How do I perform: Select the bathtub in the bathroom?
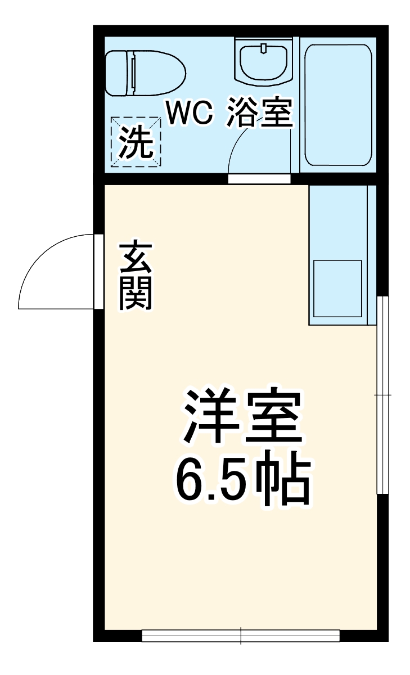click(337, 105)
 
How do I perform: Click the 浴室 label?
click(260, 114)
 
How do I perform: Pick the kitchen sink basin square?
click(337, 289)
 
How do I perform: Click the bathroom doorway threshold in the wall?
click(259, 179)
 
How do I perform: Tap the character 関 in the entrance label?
click(136, 294)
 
